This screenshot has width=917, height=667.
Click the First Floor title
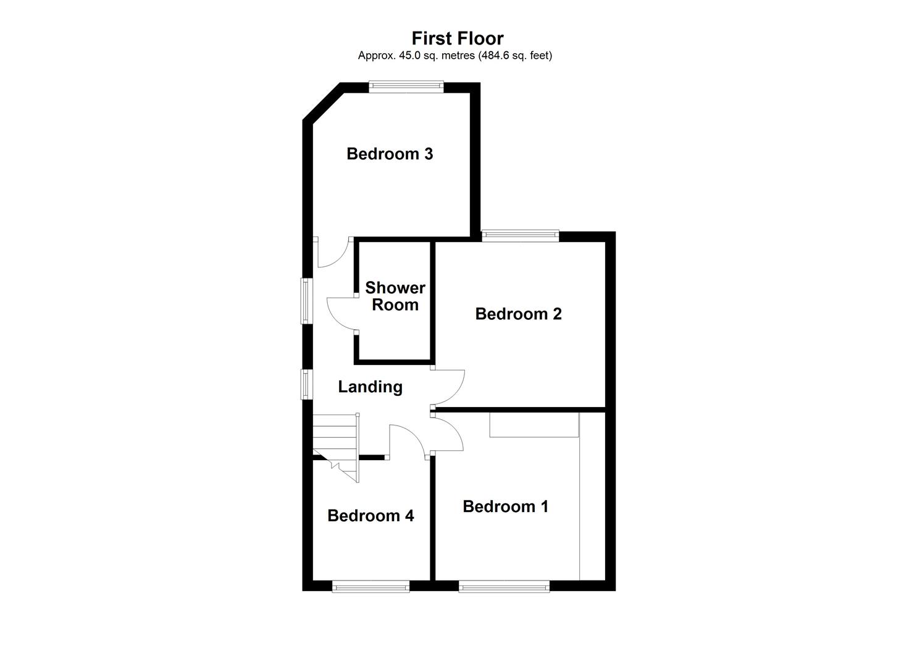(458, 38)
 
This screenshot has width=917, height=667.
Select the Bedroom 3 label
(390, 154)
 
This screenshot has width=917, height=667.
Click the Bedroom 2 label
(518, 314)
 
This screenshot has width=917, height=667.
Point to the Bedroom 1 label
(505, 506)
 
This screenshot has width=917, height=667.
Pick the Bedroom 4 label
(371, 516)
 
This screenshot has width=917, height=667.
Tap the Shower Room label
(395, 296)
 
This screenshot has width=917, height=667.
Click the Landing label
(370, 387)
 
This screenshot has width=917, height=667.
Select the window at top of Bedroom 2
(521, 235)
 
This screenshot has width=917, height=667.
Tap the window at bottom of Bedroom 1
(505, 586)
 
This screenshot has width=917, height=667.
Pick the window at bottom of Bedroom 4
(371, 586)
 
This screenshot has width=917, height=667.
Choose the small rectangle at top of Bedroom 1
(534, 425)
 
